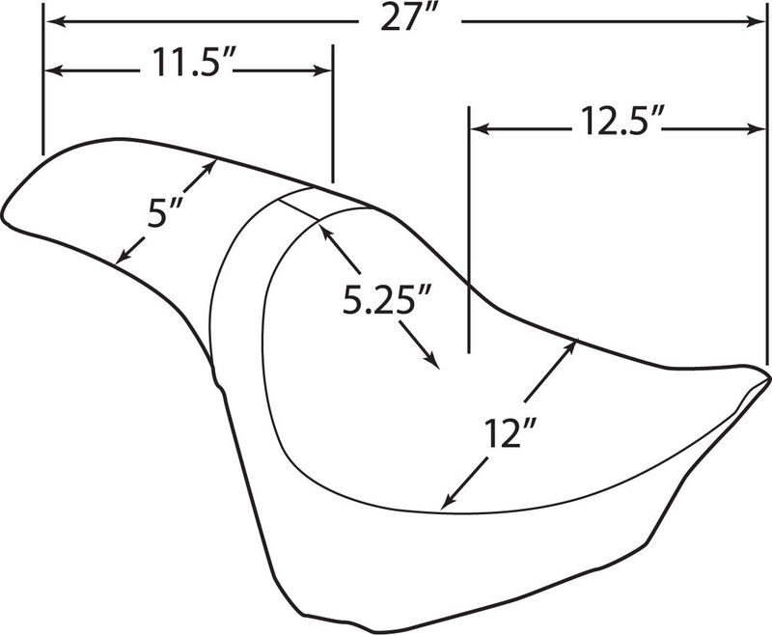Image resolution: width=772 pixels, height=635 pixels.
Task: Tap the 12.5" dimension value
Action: click(617, 121)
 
